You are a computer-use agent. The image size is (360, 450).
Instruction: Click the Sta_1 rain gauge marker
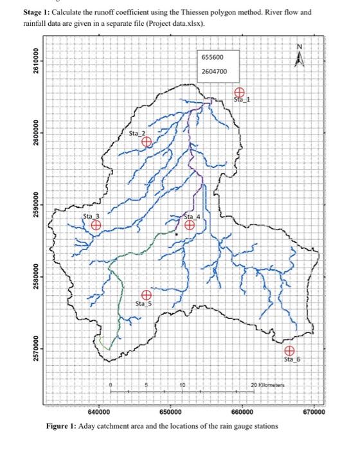239,93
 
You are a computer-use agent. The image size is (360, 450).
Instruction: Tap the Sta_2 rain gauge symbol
147,141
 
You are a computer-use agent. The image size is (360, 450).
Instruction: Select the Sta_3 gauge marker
95,225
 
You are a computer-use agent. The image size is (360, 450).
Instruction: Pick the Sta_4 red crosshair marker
190,224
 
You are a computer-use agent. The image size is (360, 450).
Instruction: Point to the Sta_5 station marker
147,294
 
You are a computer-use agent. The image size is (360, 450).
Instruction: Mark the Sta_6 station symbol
290,350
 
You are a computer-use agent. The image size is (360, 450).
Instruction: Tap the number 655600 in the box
213,57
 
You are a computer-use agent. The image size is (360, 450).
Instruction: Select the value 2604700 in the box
215,71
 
